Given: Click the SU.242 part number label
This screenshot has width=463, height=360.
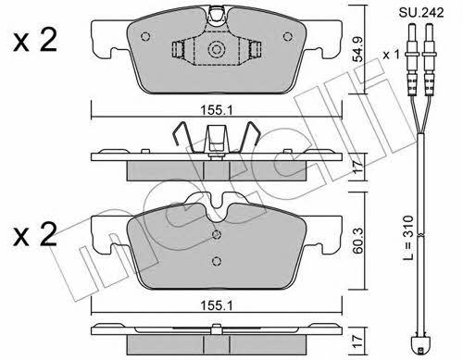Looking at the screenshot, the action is click(421, 13).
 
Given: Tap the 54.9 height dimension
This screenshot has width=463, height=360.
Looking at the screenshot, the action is click(358, 49).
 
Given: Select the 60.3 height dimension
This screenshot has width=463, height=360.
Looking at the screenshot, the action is click(358, 241).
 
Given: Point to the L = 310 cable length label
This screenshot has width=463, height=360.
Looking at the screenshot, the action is click(408, 238).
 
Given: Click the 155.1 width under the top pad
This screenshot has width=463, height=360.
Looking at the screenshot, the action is click(217, 110).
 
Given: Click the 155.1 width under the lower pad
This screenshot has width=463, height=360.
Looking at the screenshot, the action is click(217, 305).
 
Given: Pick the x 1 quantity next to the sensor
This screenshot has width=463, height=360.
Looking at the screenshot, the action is click(391, 56).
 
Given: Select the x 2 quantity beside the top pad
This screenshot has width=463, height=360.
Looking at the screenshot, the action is click(35, 40).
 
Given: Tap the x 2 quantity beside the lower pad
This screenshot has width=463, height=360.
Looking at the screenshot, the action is click(35, 234).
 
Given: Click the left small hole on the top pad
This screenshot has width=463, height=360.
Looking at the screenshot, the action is click(145, 37).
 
